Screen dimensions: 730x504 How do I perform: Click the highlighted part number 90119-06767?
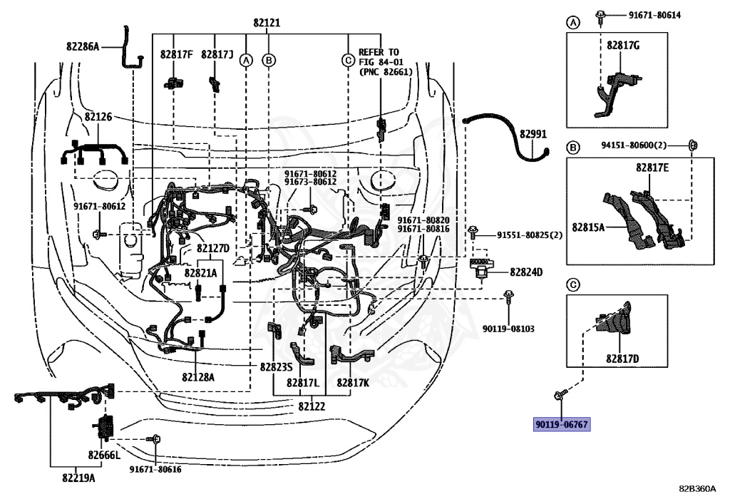562,424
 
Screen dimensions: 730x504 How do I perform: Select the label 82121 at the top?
267,23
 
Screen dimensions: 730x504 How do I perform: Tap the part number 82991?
533,134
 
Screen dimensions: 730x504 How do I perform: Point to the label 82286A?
83,46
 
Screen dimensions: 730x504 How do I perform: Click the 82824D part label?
526,272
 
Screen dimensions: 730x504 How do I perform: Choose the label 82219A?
78,478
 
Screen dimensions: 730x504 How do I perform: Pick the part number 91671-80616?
155,469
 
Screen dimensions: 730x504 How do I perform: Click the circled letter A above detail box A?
573,22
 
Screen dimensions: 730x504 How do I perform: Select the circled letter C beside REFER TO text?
348,61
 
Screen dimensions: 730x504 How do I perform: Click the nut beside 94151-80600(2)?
692,145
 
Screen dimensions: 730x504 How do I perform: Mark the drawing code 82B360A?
697,488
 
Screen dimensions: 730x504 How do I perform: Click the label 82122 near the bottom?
312,406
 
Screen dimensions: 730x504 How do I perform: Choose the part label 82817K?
353,383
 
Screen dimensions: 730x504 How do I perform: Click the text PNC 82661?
386,72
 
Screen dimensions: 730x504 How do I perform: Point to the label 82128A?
198,377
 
